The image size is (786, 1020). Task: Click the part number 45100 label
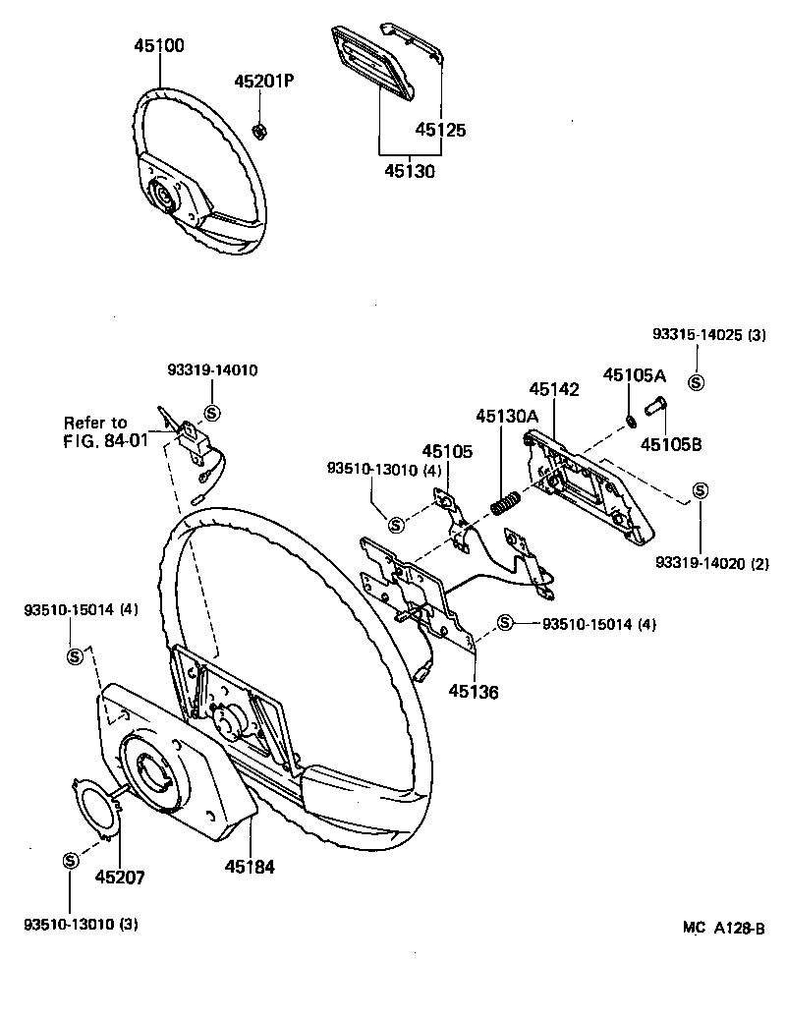pos(159,45)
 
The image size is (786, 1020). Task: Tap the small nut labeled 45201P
pos(260,131)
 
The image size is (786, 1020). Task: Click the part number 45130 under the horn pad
pos(409,170)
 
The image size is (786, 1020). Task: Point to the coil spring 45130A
pos(505,503)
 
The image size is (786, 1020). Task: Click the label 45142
pos(554,390)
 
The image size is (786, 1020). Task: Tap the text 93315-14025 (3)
pos(707,335)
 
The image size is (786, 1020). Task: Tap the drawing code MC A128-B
pos(724,928)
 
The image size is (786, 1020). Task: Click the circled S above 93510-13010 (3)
pos(70,861)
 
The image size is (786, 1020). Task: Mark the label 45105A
pos(634,374)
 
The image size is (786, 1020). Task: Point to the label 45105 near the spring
pos(447,451)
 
